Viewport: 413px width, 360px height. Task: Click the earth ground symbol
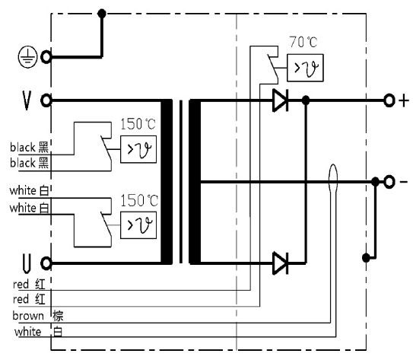pyautogui.click(x=27, y=56)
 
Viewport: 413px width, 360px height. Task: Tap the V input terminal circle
pyautogui.click(x=46, y=100)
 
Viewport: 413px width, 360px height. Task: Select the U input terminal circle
pyautogui.click(x=46, y=263)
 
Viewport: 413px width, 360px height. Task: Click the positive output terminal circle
pyautogui.click(x=389, y=100)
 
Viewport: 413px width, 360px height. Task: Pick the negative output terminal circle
pyautogui.click(x=389, y=182)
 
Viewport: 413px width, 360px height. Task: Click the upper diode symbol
pyautogui.click(x=280, y=100)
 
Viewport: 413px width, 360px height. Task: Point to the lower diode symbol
pyautogui.click(x=280, y=263)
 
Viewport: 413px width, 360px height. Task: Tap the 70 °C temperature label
pyautogui.click(x=303, y=42)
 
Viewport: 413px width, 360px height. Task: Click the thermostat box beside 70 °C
pyautogui.click(x=305, y=68)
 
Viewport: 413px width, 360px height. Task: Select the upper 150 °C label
pyautogui.click(x=138, y=124)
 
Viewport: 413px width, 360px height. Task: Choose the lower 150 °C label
pyautogui.click(x=139, y=201)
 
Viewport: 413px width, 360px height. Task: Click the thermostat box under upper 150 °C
pyautogui.click(x=138, y=149)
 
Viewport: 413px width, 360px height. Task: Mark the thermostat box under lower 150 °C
pyautogui.click(x=138, y=225)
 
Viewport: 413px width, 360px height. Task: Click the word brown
pyautogui.click(x=28, y=316)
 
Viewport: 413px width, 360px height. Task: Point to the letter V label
pyautogui.click(x=27, y=100)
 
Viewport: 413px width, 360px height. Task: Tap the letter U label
pyautogui.click(x=27, y=263)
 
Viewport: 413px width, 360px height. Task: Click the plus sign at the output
pyautogui.click(x=404, y=101)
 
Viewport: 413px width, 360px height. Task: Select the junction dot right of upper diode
pyautogui.click(x=306, y=100)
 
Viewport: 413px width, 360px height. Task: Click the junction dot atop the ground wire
pyautogui.click(x=102, y=14)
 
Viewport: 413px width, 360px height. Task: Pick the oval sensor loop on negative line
pyautogui.click(x=333, y=178)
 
